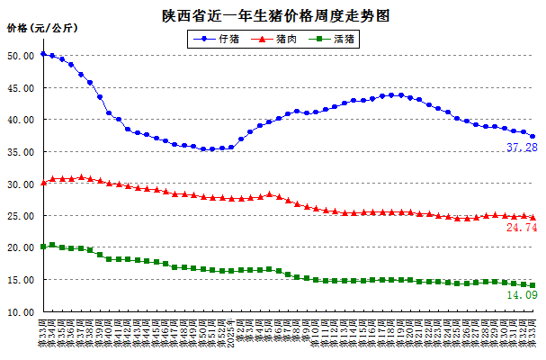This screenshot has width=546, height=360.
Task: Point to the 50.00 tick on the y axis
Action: click(21, 56)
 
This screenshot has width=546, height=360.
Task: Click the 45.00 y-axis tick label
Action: click(21, 88)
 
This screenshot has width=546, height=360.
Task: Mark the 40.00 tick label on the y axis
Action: click(21, 120)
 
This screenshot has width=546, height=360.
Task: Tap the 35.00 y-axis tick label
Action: click(21, 152)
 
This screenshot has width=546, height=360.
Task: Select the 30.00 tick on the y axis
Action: click(21, 184)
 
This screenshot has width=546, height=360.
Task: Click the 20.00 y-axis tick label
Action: click(21, 248)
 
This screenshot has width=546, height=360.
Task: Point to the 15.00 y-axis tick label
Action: click(21, 281)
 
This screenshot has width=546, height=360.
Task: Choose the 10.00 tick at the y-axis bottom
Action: click(21, 312)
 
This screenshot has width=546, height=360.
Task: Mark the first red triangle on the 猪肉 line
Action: click(43, 183)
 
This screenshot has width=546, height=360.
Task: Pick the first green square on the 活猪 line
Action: click(43, 247)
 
